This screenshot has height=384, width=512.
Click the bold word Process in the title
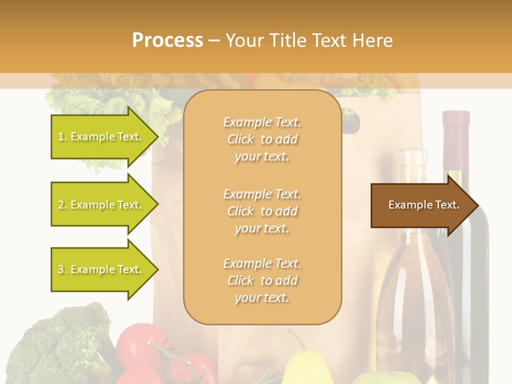[167, 41]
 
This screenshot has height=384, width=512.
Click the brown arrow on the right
[421, 205]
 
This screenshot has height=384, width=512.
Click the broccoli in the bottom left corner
[59, 347]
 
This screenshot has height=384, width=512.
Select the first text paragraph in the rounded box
[262, 139]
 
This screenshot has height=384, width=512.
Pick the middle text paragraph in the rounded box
[262, 211]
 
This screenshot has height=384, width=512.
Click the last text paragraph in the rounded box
[262, 281]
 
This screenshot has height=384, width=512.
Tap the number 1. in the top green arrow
[62, 137]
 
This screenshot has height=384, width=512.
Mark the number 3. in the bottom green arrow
[62, 269]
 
